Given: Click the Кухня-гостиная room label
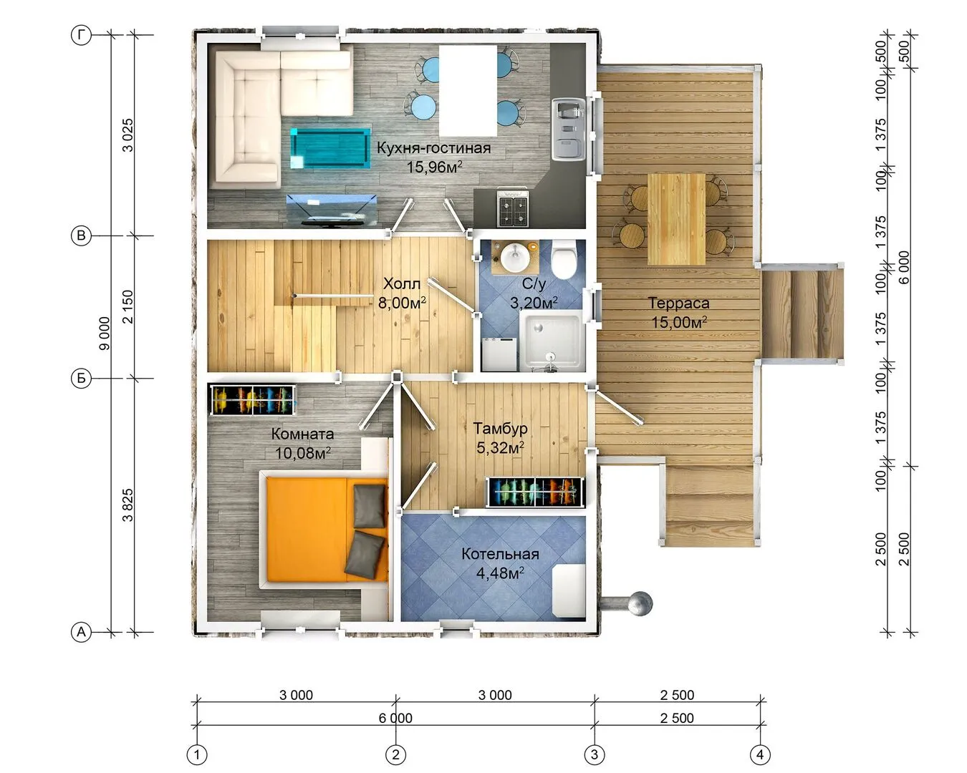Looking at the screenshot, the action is [433, 147].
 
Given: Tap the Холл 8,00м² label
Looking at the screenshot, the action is [402, 293].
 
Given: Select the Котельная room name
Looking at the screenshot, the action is [500, 554].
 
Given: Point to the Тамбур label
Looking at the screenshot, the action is [500, 429].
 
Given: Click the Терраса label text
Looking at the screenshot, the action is [678, 303].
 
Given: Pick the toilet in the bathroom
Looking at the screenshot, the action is [564, 259].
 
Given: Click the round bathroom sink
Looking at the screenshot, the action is [515, 258].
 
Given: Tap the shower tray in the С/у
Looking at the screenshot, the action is [552, 341].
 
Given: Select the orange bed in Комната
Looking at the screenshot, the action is [324, 530].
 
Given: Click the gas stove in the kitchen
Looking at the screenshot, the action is [513, 208].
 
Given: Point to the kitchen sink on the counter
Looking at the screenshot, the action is [568, 130].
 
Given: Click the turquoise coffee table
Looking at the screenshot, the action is [330, 148].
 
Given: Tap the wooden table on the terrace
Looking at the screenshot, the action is [676, 219].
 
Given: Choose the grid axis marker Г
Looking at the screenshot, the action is [82, 34].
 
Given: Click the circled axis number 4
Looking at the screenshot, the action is [760, 754].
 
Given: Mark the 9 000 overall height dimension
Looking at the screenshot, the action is [105, 333].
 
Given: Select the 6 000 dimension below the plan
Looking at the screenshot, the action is [395, 718].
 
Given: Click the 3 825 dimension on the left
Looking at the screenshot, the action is [128, 505].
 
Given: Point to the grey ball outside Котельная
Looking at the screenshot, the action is [640, 603].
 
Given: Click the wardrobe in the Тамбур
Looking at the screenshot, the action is [535, 492].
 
